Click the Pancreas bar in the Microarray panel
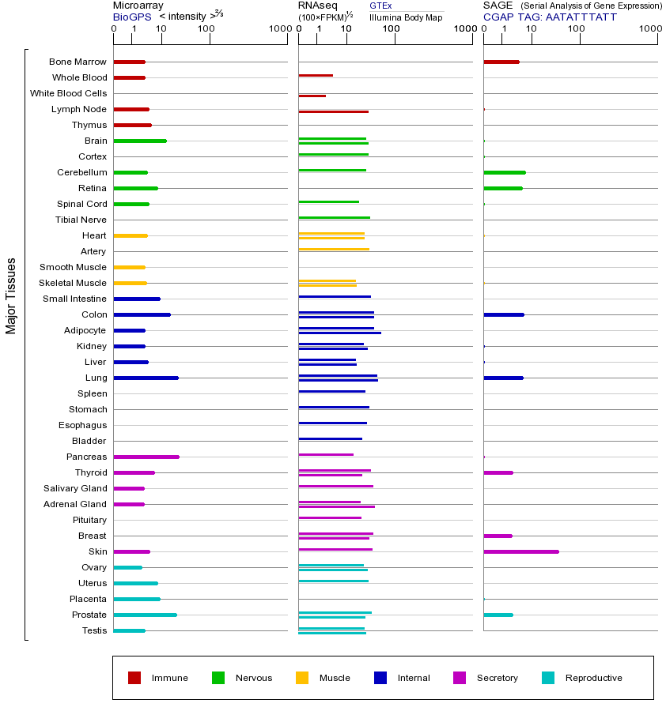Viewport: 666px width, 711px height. click(x=146, y=457)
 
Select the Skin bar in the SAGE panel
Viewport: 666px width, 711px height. click(x=521, y=551)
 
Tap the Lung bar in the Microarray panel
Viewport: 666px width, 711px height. click(x=146, y=378)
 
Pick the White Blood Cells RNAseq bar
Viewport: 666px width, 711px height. click(x=312, y=96)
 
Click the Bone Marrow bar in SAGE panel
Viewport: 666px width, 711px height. click(x=501, y=62)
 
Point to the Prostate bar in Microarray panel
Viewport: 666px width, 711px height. click(x=146, y=615)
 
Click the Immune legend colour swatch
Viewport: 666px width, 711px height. click(x=134, y=678)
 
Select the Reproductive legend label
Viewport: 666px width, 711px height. click(x=594, y=678)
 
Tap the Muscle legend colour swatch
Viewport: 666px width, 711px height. click(x=302, y=678)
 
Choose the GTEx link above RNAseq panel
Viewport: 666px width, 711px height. click(x=380, y=6)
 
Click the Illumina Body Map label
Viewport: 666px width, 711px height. click(x=406, y=17)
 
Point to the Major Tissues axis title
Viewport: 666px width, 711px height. click(x=11, y=295)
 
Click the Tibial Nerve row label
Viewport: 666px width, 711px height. click(x=81, y=220)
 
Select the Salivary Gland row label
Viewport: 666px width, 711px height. click(x=75, y=488)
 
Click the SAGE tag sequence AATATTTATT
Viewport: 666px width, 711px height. click(x=581, y=16)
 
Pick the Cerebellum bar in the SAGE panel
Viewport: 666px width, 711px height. click(x=505, y=172)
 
